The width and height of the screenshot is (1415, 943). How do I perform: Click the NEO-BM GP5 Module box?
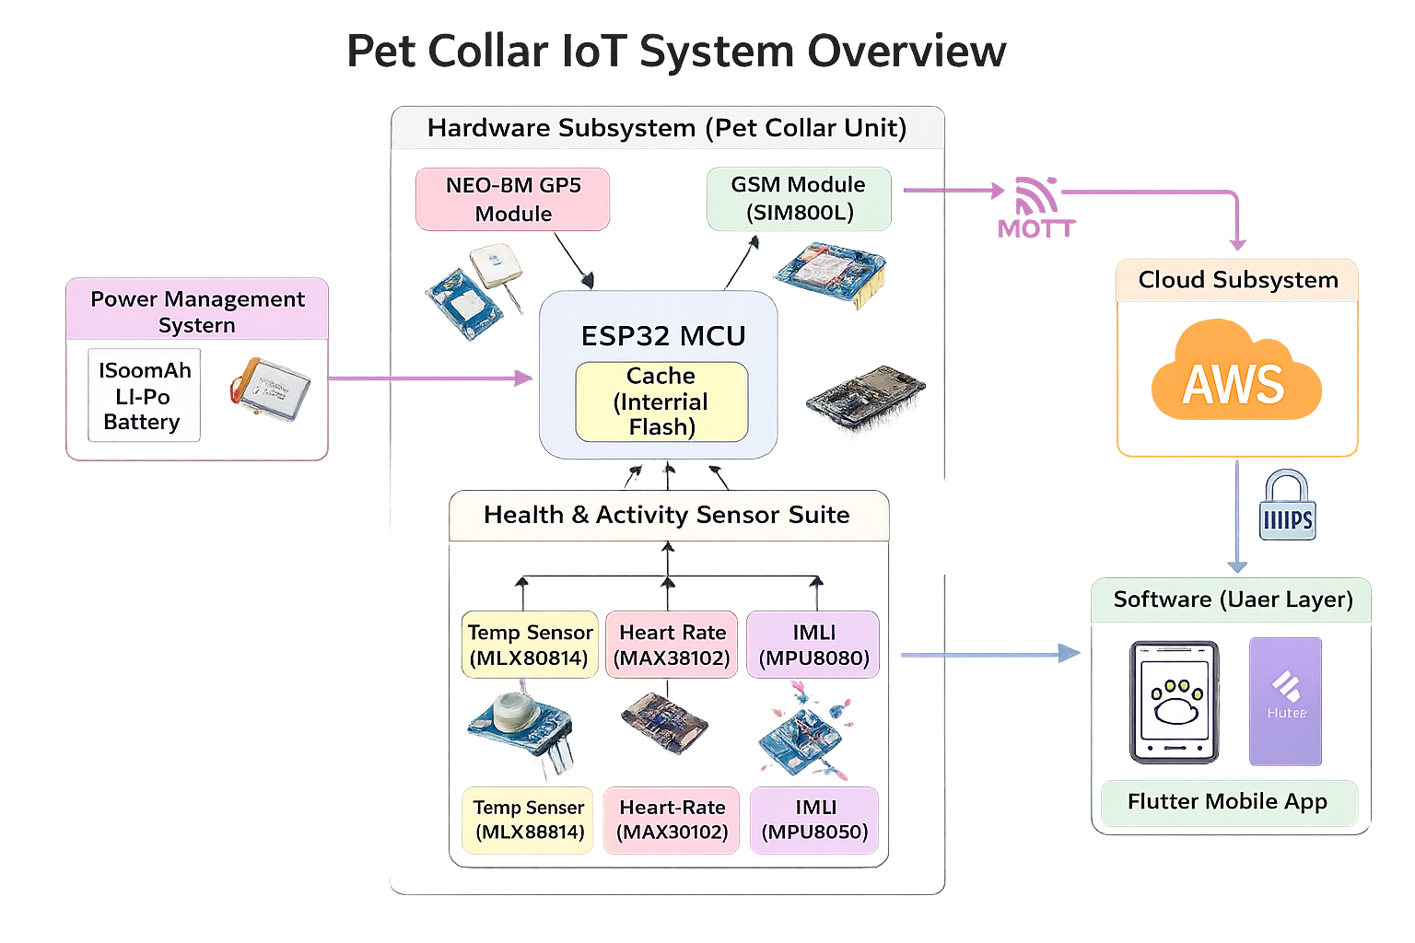coord(512,199)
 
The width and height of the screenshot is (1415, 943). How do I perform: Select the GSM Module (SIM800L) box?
coord(799,198)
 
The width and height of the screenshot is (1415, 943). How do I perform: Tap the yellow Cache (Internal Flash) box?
coord(661,402)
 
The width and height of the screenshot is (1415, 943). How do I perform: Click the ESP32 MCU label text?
coord(663,336)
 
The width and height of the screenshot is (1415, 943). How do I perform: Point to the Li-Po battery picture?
coord(271,390)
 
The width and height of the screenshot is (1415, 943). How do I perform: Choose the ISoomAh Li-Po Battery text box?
coord(144,396)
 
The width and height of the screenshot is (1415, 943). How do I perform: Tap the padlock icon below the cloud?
coord(1287,506)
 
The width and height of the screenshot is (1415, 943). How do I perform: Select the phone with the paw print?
coord(1175,702)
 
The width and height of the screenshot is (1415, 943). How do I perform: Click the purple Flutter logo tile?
coord(1285,701)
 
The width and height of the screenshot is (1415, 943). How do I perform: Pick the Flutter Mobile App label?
coord(1228,802)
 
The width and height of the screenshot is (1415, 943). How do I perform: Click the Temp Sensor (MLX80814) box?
coord(530,645)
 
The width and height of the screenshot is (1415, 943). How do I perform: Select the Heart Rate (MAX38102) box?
coord(672,645)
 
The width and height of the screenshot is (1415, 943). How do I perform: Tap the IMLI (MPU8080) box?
coord(813,645)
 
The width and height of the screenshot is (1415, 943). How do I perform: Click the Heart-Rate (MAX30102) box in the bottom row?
coord(672,820)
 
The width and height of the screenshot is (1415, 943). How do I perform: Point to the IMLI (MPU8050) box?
coord(814,820)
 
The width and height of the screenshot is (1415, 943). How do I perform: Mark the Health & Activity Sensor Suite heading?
coord(667,515)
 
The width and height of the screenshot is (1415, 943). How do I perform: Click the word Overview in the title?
coord(906,52)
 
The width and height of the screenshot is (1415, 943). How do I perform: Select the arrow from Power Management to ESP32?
coord(429,378)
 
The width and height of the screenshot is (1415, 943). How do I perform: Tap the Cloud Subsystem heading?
coord(1237,280)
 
